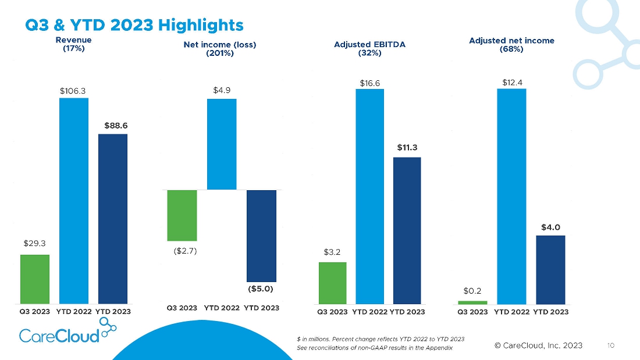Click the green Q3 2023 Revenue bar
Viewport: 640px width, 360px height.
pyautogui.click(x=35, y=279)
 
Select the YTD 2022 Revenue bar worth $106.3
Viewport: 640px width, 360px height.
pyautogui.click(x=74, y=201)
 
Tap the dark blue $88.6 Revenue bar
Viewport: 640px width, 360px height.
pyautogui.click(x=113, y=219)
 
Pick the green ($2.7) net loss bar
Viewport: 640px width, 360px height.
pyautogui.click(x=182, y=216)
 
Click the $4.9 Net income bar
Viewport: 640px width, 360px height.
pyautogui.click(x=222, y=144)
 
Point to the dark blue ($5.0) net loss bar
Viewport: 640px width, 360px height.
pyautogui.click(x=261, y=236)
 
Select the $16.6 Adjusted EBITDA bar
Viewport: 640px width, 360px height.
pyautogui.click(x=370, y=197)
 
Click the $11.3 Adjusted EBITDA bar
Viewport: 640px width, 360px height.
pyautogui.click(x=407, y=231)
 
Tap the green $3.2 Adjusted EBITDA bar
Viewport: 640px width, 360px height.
pyautogui.click(x=333, y=283)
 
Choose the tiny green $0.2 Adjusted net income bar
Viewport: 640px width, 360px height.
pyautogui.click(x=472, y=302)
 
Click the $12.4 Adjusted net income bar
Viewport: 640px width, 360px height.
pyautogui.click(x=511, y=197)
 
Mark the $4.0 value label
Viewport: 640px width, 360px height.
pyautogui.click(x=550, y=227)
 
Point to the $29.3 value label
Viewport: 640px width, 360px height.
pyautogui.click(x=35, y=243)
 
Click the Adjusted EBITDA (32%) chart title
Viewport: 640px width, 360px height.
pyautogui.click(x=370, y=49)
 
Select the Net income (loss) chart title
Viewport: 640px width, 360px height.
pyautogui.click(x=220, y=44)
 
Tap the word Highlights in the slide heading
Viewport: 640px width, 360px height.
pyautogui.click(x=201, y=25)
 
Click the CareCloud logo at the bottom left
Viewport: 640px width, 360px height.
pyautogui.click(x=67, y=330)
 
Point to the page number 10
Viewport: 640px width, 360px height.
pyautogui.click(x=610, y=345)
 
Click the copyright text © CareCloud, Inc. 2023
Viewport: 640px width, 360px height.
pyautogui.click(x=538, y=345)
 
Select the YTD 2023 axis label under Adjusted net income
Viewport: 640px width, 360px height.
pyautogui.click(x=550, y=312)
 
